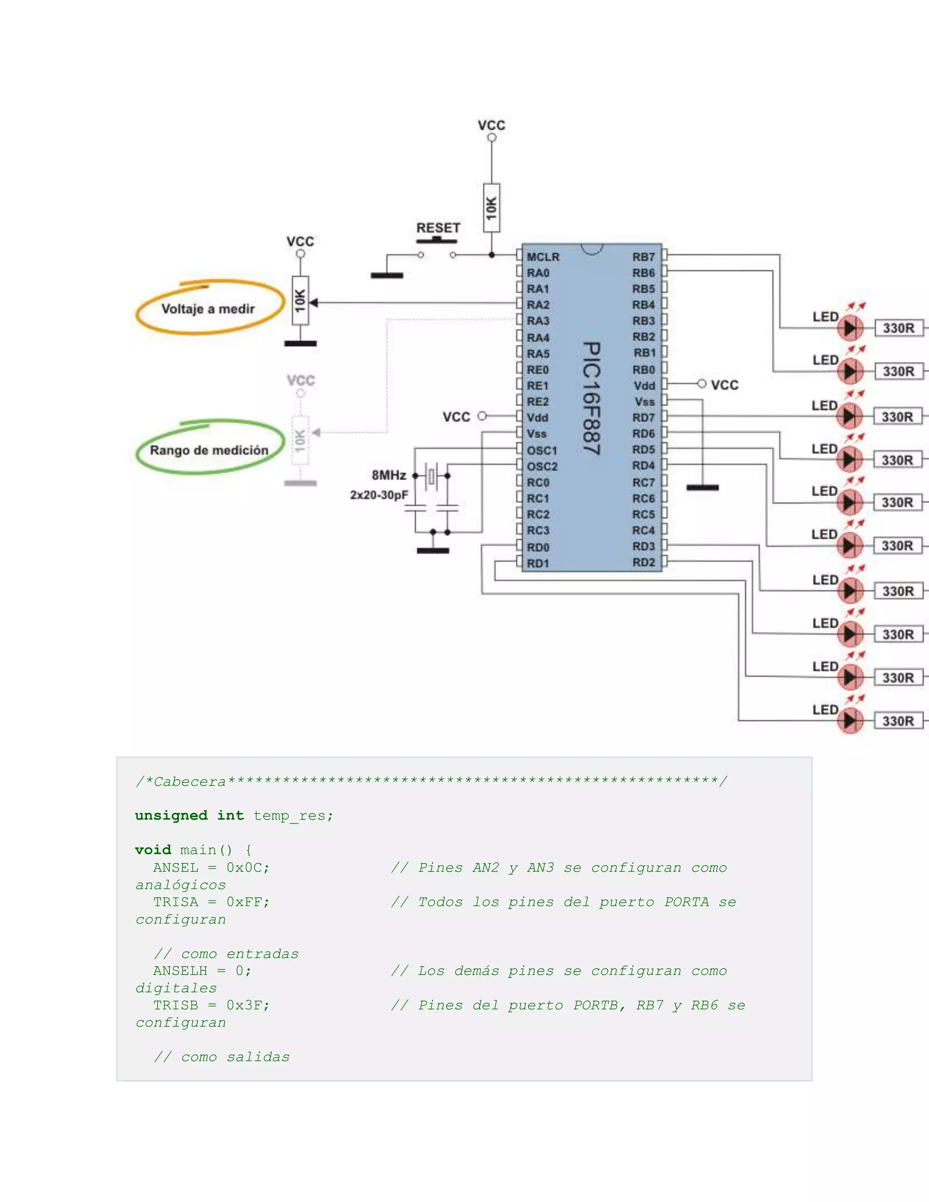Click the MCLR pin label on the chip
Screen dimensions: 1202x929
coord(543,257)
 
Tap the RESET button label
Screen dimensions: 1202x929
coord(438,228)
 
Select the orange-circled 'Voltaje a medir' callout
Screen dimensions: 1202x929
coord(208,309)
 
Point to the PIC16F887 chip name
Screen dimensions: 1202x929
coord(592,398)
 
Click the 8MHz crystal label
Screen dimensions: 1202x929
coord(389,475)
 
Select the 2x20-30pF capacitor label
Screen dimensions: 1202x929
coord(379,495)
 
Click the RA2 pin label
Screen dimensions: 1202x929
coord(538,305)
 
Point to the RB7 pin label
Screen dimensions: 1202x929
coord(643,257)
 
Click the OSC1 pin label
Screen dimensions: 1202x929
coord(542,451)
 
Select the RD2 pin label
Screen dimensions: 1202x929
coord(643,562)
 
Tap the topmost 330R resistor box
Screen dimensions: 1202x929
coord(899,328)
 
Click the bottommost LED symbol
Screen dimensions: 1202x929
coord(851,720)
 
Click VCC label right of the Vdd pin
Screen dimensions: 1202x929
coord(724,385)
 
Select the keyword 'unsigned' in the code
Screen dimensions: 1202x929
coord(171,816)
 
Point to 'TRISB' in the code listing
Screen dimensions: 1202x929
coord(175,1006)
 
